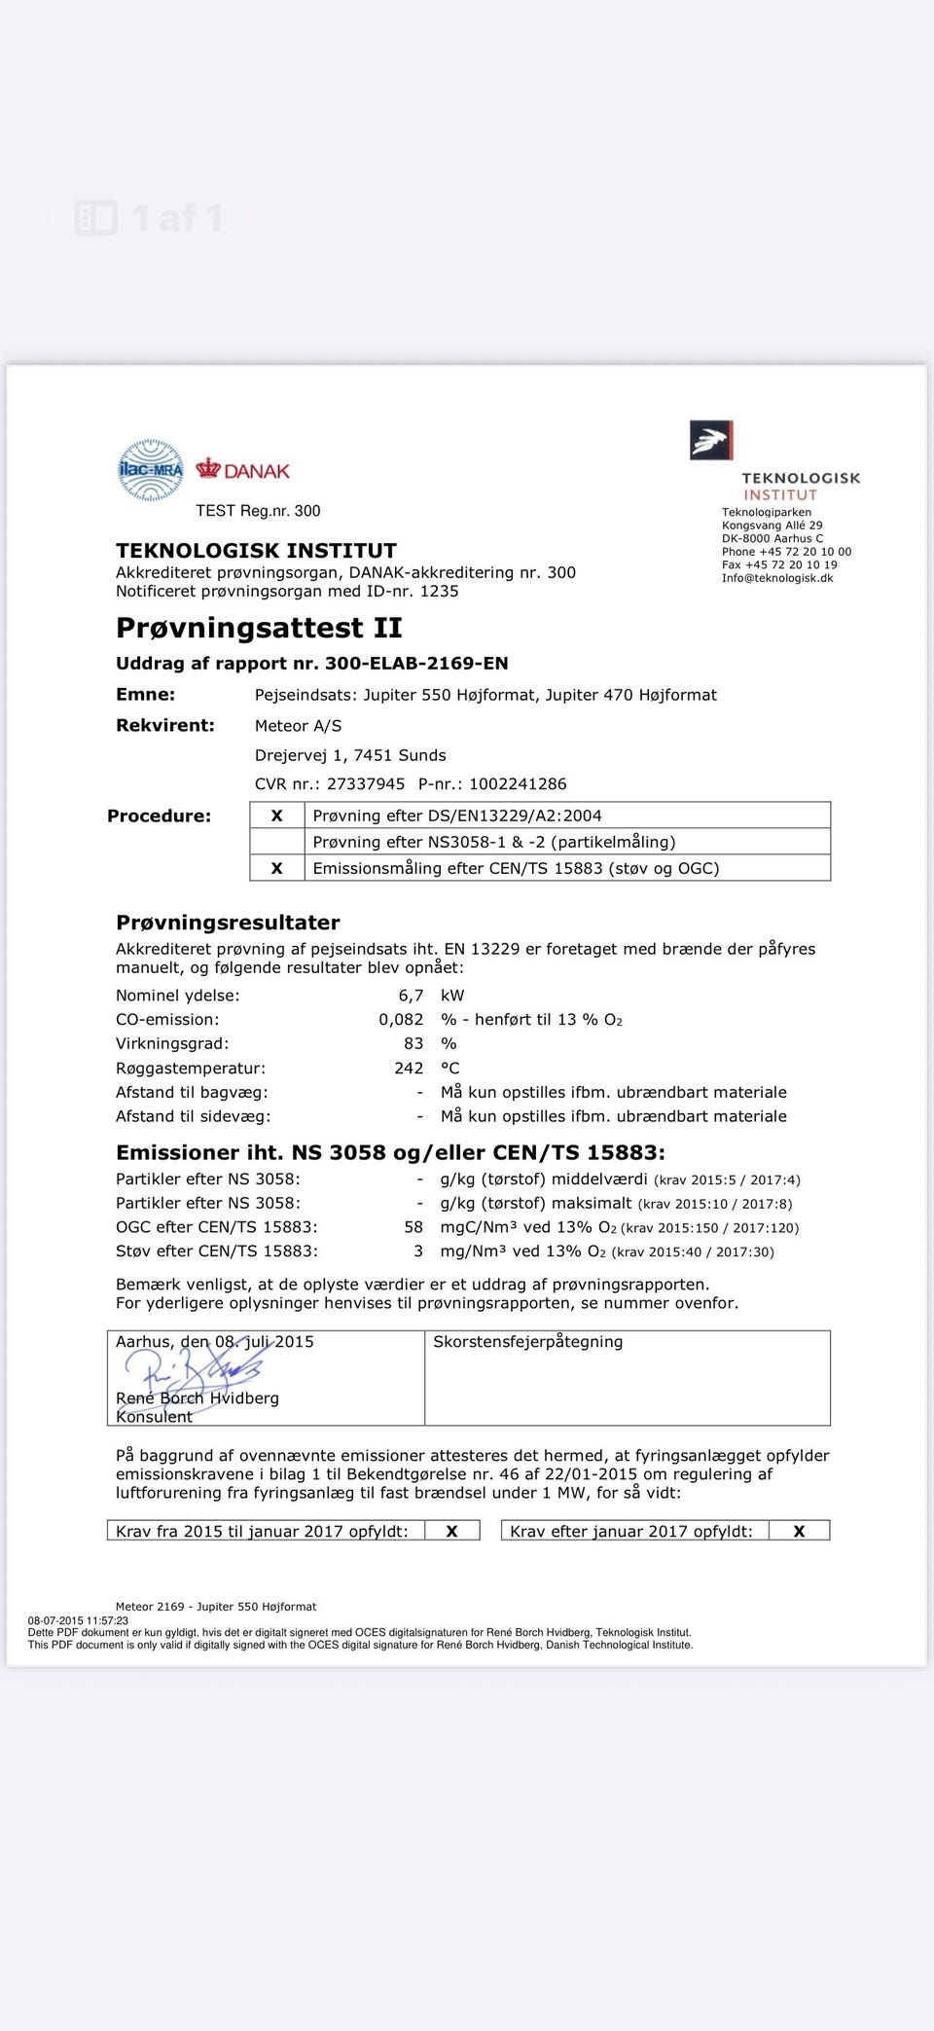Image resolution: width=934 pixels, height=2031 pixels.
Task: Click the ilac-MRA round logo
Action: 150,470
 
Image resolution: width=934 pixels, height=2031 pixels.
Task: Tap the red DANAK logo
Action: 243,471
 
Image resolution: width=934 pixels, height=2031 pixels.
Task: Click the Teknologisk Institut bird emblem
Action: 710,440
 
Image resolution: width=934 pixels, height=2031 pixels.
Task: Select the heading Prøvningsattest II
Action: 259,628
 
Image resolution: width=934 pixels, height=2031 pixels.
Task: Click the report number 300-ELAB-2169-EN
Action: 415,663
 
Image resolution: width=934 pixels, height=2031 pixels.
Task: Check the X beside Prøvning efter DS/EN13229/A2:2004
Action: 276,816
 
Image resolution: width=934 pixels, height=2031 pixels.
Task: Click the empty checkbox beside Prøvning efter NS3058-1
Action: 276,842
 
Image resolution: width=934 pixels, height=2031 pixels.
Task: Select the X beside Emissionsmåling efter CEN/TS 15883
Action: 276,868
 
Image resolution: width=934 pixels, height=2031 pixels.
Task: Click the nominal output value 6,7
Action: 411,996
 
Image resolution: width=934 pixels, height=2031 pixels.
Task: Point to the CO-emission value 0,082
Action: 401,1020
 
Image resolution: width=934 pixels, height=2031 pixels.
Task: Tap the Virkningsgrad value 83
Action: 413,1043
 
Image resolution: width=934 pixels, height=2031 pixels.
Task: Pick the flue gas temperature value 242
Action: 409,1068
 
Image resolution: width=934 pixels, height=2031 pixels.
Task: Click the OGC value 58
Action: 413,1227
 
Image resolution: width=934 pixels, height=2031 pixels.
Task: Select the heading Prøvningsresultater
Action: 228,922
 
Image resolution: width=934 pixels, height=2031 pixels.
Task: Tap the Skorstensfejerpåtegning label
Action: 527,1341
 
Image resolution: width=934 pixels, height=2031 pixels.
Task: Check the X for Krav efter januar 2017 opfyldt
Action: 799,1531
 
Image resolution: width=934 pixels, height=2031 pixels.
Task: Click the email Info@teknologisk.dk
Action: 777,578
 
